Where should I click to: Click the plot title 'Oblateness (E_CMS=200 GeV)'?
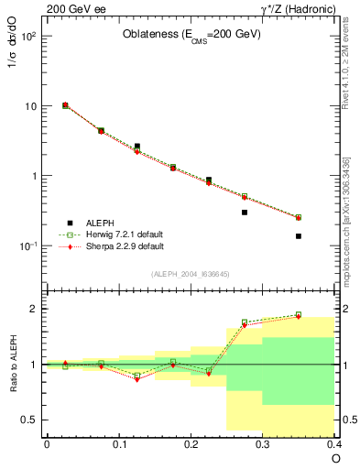[x=191, y=35]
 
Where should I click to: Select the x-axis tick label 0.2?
[x=191, y=444]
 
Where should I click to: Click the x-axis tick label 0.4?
[x=333, y=444]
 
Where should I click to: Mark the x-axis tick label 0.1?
[x=118, y=444]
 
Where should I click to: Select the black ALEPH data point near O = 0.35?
[x=299, y=236]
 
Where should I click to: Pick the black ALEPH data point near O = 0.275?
[x=245, y=213]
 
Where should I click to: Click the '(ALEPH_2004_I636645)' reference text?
[x=191, y=274]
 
